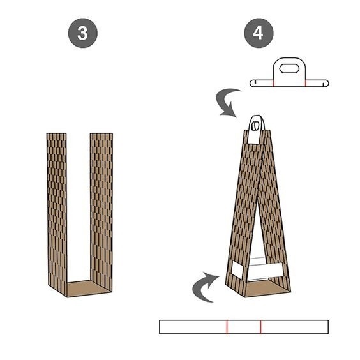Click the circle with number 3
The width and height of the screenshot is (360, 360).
tap(82, 33)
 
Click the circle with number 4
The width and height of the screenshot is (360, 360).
tap(259, 33)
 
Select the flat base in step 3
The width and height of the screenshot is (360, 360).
tap(88, 289)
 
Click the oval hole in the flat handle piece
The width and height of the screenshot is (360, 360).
tap(289, 69)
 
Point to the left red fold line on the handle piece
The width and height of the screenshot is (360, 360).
tap(273, 83)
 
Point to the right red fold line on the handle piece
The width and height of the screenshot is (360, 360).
tap(306, 83)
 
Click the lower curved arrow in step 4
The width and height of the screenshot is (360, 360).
tap(202, 289)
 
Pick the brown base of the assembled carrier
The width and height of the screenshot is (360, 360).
tap(266, 288)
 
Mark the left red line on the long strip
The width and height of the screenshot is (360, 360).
tap(227, 327)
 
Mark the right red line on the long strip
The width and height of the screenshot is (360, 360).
tap(261, 327)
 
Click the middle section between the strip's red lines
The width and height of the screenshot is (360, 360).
tap(244, 327)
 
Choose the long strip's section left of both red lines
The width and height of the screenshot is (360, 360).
tap(193, 327)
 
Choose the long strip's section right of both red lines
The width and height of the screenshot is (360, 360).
tap(295, 327)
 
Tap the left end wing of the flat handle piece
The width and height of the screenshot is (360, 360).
tap(262, 83)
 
